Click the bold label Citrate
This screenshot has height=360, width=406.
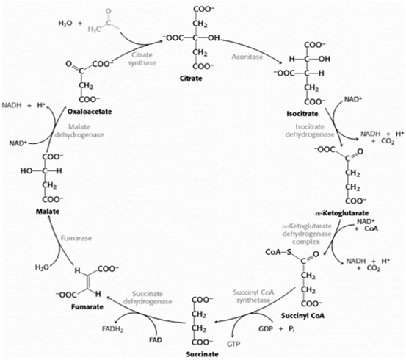(x=191, y=79)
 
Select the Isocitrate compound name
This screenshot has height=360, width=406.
(x=302, y=114)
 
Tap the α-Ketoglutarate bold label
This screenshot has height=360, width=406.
(x=342, y=213)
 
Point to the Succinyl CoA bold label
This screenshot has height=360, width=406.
(x=302, y=316)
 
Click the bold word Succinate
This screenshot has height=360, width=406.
(x=202, y=354)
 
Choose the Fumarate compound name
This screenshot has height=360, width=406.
(x=87, y=307)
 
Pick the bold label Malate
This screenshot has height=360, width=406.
(x=48, y=212)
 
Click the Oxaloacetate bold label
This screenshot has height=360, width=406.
(x=90, y=112)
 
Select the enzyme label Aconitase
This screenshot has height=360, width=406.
(x=247, y=57)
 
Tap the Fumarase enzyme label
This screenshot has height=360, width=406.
(x=76, y=238)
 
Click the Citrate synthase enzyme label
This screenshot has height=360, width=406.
(x=142, y=59)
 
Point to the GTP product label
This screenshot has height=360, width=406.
(x=233, y=344)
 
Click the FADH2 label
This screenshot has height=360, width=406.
(x=112, y=329)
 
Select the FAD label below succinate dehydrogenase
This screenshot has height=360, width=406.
(x=156, y=339)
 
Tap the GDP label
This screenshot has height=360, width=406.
(x=266, y=329)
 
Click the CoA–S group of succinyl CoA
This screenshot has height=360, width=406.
(x=278, y=252)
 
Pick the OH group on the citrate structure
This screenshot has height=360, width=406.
(x=214, y=38)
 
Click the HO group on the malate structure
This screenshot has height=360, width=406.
(x=26, y=171)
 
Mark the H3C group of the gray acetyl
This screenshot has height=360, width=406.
(x=94, y=29)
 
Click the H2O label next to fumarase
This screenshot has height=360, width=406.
(x=42, y=267)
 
